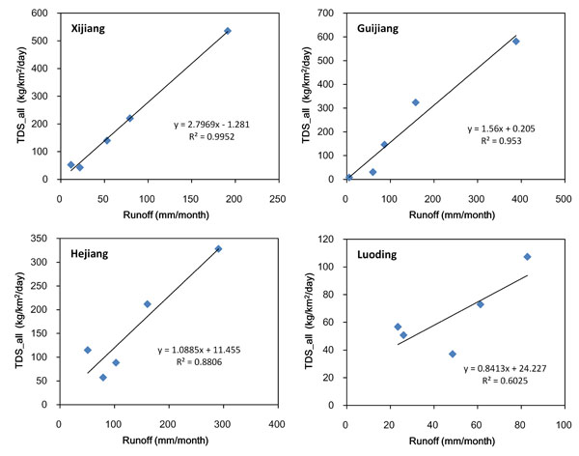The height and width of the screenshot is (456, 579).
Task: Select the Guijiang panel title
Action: (376, 28)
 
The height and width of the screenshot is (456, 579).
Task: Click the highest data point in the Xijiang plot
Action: (228, 31)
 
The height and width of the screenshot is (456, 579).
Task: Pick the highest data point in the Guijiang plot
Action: (516, 41)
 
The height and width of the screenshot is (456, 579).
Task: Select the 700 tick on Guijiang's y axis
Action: (331, 14)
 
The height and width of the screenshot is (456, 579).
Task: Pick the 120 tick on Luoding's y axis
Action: (331, 238)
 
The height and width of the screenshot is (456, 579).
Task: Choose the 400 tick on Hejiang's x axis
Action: (276, 423)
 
